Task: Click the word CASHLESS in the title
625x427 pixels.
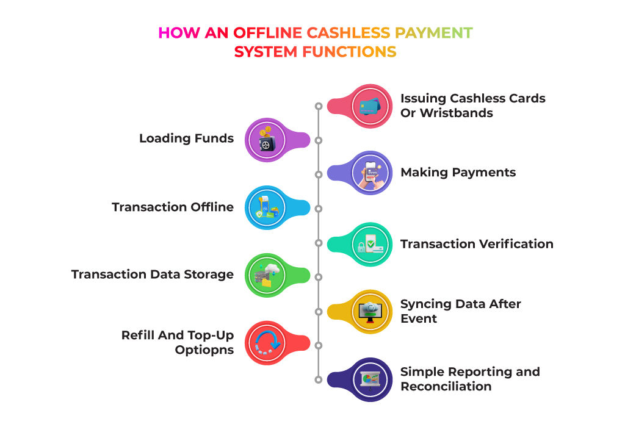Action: pyautogui.click(x=348, y=33)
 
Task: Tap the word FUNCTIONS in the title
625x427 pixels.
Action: pyautogui.click(x=349, y=52)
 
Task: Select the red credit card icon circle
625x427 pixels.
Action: pyautogui.click(x=370, y=106)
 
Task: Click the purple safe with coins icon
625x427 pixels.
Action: pyautogui.click(x=267, y=140)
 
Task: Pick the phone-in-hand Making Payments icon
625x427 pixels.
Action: pyautogui.click(x=370, y=173)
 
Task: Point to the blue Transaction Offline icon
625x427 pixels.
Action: pyautogui.click(x=267, y=207)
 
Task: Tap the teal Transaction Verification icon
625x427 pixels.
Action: pyautogui.click(x=370, y=244)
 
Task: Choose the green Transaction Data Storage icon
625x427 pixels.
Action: pyautogui.click(x=267, y=275)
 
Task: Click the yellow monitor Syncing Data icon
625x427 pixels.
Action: pyautogui.click(x=370, y=312)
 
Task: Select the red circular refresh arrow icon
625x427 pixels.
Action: pyautogui.click(x=267, y=343)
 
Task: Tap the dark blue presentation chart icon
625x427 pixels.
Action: pyautogui.click(x=370, y=379)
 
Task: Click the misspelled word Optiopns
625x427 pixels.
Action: pyautogui.click(x=204, y=350)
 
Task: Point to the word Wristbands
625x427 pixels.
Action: pyautogui.click(x=457, y=113)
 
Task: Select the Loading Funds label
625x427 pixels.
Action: pyautogui.click(x=187, y=138)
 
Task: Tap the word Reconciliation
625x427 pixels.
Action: pyautogui.click(x=446, y=386)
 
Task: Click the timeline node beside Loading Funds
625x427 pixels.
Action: pyautogui.click(x=318, y=140)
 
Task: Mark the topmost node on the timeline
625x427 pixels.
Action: pyautogui.click(x=318, y=106)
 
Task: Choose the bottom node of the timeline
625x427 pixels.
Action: pyautogui.click(x=318, y=379)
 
